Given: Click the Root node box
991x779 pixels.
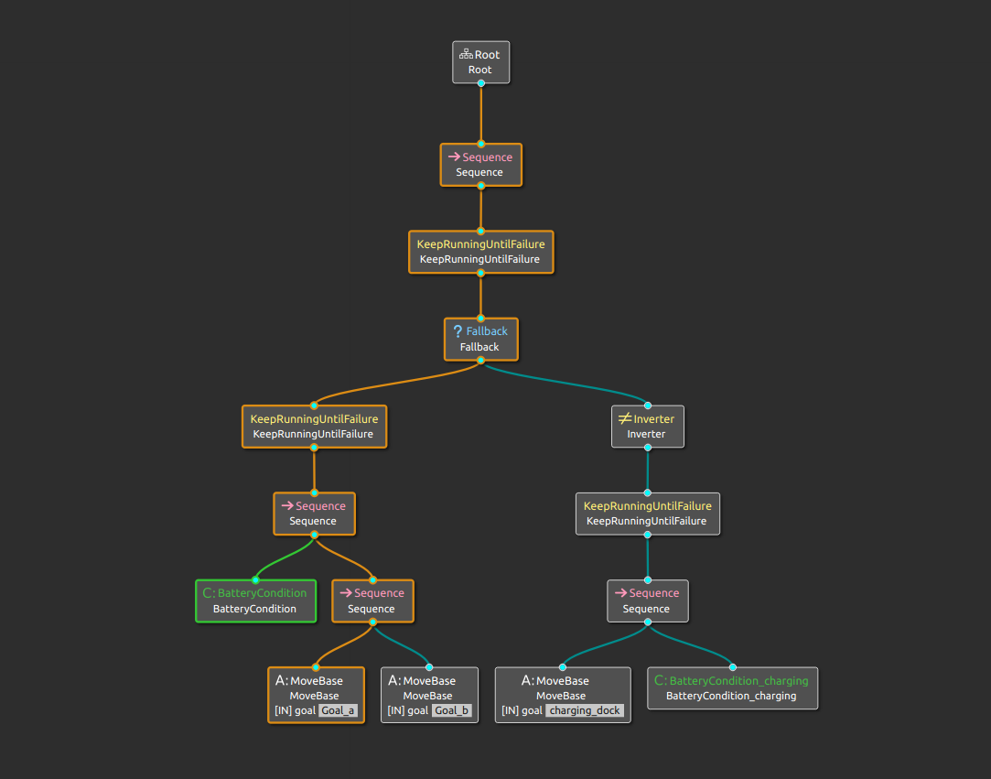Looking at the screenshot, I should [480, 62].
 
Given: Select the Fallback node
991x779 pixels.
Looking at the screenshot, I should [480, 339].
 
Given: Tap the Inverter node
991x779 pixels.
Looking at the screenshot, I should [647, 427].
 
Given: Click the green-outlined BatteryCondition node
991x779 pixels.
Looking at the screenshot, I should [255, 600].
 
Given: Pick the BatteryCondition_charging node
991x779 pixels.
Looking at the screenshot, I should [732, 688].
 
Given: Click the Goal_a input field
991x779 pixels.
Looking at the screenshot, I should [339, 710].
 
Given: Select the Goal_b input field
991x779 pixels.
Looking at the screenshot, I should [452, 710].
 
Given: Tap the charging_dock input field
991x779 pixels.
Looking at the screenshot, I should [584, 710].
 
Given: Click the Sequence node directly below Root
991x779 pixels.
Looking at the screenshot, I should [480, 165].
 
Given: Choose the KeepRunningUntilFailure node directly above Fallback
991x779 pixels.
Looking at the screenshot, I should [480, 252].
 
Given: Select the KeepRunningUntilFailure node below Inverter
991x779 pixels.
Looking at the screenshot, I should [647, 514].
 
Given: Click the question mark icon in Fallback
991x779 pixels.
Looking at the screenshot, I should [458, 330].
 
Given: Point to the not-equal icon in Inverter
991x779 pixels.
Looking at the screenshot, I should [625, 418].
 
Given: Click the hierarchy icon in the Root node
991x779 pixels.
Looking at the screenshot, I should [466, 55].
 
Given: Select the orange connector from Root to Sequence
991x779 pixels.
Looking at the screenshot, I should [480, 114].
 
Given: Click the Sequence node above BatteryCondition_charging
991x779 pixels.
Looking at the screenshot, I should [647, 600].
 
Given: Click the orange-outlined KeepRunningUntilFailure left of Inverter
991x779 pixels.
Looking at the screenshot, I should [314, 427].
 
